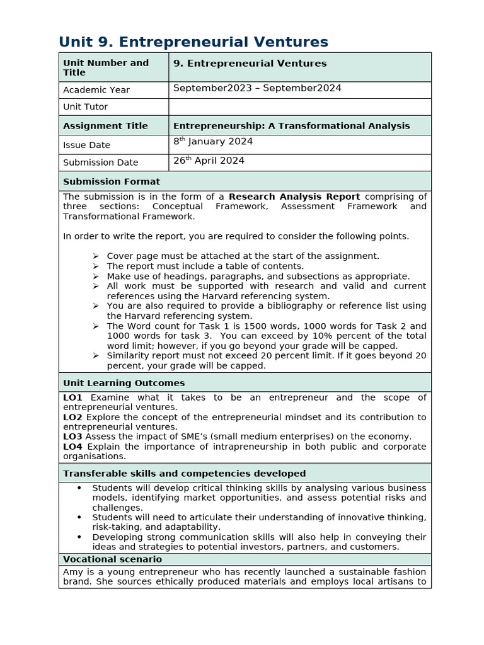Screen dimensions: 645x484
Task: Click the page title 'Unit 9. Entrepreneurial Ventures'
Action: [x=193, y=42]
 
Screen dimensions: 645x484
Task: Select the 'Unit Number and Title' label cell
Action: [x=106, y=67]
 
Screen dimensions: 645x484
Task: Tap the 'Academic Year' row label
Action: [x=96, y=90]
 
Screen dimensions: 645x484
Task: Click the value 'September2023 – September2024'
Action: [x=257, y=88]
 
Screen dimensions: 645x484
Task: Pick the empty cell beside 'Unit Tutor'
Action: [x=299, y=107]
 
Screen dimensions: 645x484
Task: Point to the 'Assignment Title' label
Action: [x=105, y=126]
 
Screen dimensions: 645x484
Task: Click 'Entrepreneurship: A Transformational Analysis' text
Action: [x=291, y=126]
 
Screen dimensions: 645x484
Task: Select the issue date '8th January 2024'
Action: [x=213, y=142]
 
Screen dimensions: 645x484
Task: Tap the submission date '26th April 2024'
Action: [x=209, y=161]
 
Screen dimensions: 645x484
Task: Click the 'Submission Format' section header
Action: [x=112, y=181]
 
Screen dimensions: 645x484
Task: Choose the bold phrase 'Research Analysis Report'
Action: [x=294, y=197]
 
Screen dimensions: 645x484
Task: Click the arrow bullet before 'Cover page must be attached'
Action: [x=96, y=256]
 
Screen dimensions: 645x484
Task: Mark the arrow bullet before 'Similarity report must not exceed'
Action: [x=96, y=356]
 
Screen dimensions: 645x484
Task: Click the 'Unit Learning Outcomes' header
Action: [x=124, y=383]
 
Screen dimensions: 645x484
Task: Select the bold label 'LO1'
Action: [x=72, y=397]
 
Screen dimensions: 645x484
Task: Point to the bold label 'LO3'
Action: [x=72, y=437]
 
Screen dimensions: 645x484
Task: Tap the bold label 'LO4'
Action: [x=72, y=447]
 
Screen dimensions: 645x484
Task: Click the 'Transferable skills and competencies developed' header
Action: [x=185, y=474]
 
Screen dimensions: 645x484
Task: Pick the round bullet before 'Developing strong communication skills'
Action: [x=79, y=537]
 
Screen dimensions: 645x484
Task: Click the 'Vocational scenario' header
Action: [x=112, y=559]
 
